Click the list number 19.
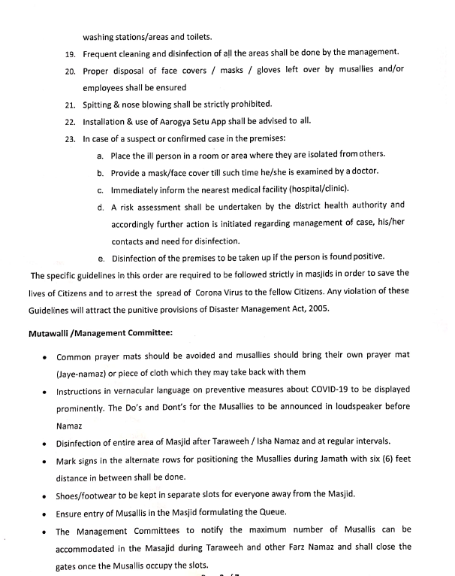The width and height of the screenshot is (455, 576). tap(70, 53)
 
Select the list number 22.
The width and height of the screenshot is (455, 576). tap(70, 121)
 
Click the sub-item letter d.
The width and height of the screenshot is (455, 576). tap(101, 206)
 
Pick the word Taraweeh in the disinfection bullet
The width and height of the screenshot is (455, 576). tap(219, 441)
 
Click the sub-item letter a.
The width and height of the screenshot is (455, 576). tap(101, 155)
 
